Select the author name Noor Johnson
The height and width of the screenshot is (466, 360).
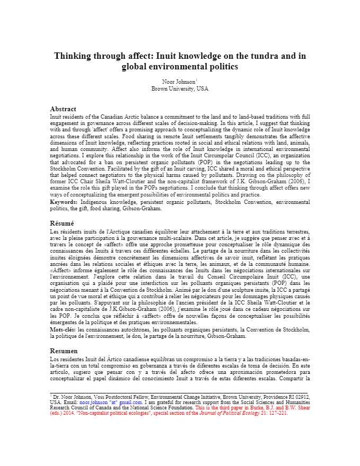tap(178, 82)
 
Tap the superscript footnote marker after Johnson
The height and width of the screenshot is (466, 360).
tap(197, 79)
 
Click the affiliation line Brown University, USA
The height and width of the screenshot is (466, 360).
tap(180, 89)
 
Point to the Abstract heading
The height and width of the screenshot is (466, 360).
tap(63, 109)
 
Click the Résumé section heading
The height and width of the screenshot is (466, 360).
tap(62, 223)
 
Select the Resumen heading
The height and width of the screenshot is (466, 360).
tap(64, 351)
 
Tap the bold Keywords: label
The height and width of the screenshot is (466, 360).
tap(64, 202)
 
